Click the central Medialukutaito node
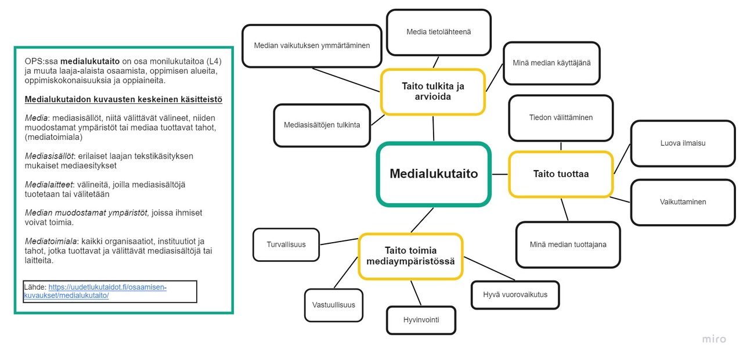coord(434,174)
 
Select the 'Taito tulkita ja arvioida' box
coord(433,92)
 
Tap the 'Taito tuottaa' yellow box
coord(561,174)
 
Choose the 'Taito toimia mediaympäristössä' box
coord(410,256)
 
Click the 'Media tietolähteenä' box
coord(438,32)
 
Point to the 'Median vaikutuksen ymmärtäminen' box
coord(312,46)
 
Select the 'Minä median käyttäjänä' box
coord(551,63)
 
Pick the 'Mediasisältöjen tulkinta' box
coord(322,125)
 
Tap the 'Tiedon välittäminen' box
coord(561,118)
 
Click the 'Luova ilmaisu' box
coord(683,143)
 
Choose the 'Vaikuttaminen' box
coord(683,202)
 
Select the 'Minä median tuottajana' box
coord(568,244)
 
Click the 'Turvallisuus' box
coord(286,244)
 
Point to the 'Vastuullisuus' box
coord(334,305)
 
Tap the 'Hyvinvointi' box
coord(421,320)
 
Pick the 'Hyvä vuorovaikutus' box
coord(515,294)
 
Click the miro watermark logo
coord(714,339)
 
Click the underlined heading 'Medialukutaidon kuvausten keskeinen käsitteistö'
coord(124,99)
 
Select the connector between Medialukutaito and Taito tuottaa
coord(500,174)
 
